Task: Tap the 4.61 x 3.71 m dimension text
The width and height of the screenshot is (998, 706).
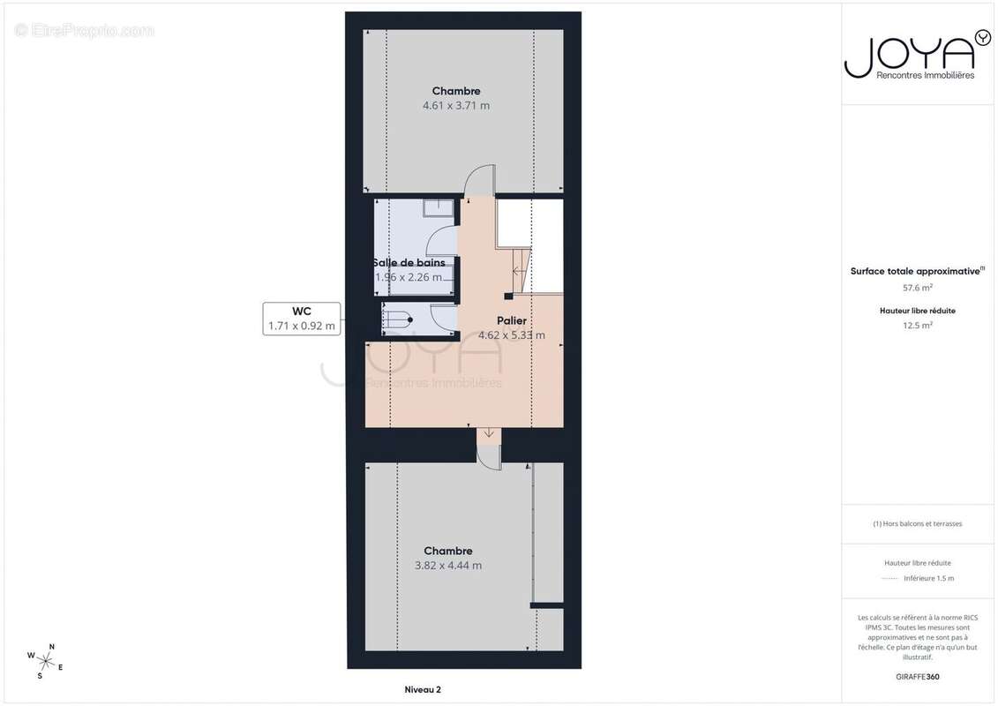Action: (x=456, y=106)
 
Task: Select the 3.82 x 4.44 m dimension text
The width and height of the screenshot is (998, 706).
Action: (x=448, y=566)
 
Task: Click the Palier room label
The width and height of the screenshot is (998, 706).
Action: (x=512, y=321)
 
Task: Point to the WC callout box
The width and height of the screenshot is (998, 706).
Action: (x=302, y=319)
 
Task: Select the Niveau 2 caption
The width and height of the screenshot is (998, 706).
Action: (x=422, y=689)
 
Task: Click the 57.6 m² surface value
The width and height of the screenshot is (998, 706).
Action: (x=917, y=288)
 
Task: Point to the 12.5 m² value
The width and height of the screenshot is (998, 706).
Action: (x=917, y=325)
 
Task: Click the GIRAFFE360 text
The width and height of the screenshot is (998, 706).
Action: (x=917, y=677)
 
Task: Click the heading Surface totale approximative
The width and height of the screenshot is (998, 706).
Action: (x=915, y=272)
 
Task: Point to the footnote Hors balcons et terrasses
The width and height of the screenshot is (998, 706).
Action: (x=918, y=523)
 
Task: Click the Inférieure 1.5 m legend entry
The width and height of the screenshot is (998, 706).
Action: (x=928, y=578)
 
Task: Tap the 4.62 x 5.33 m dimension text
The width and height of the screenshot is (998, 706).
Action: (x=512, y=335)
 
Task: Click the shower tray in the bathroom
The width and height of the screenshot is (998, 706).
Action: (x=438, y=208)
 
